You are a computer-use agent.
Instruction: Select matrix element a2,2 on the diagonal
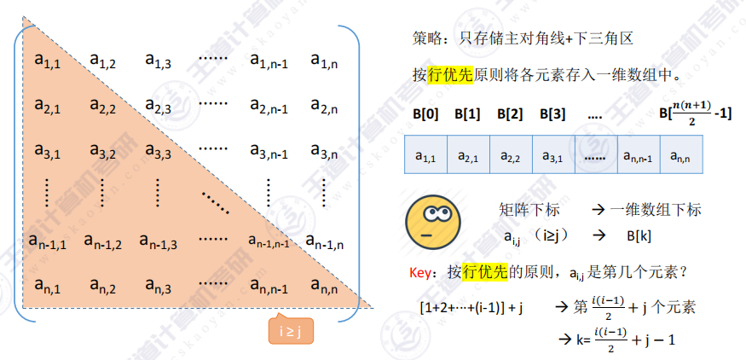pos(101,106)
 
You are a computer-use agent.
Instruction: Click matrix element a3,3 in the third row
pos(158,152)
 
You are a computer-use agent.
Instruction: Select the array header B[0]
pos(424,113)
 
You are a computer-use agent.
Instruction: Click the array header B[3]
pos(552,113)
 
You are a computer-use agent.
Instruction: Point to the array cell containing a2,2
pos(510,156)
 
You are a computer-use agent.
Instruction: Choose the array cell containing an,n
pos(680,156)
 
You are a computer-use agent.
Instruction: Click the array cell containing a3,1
pos(552,156)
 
